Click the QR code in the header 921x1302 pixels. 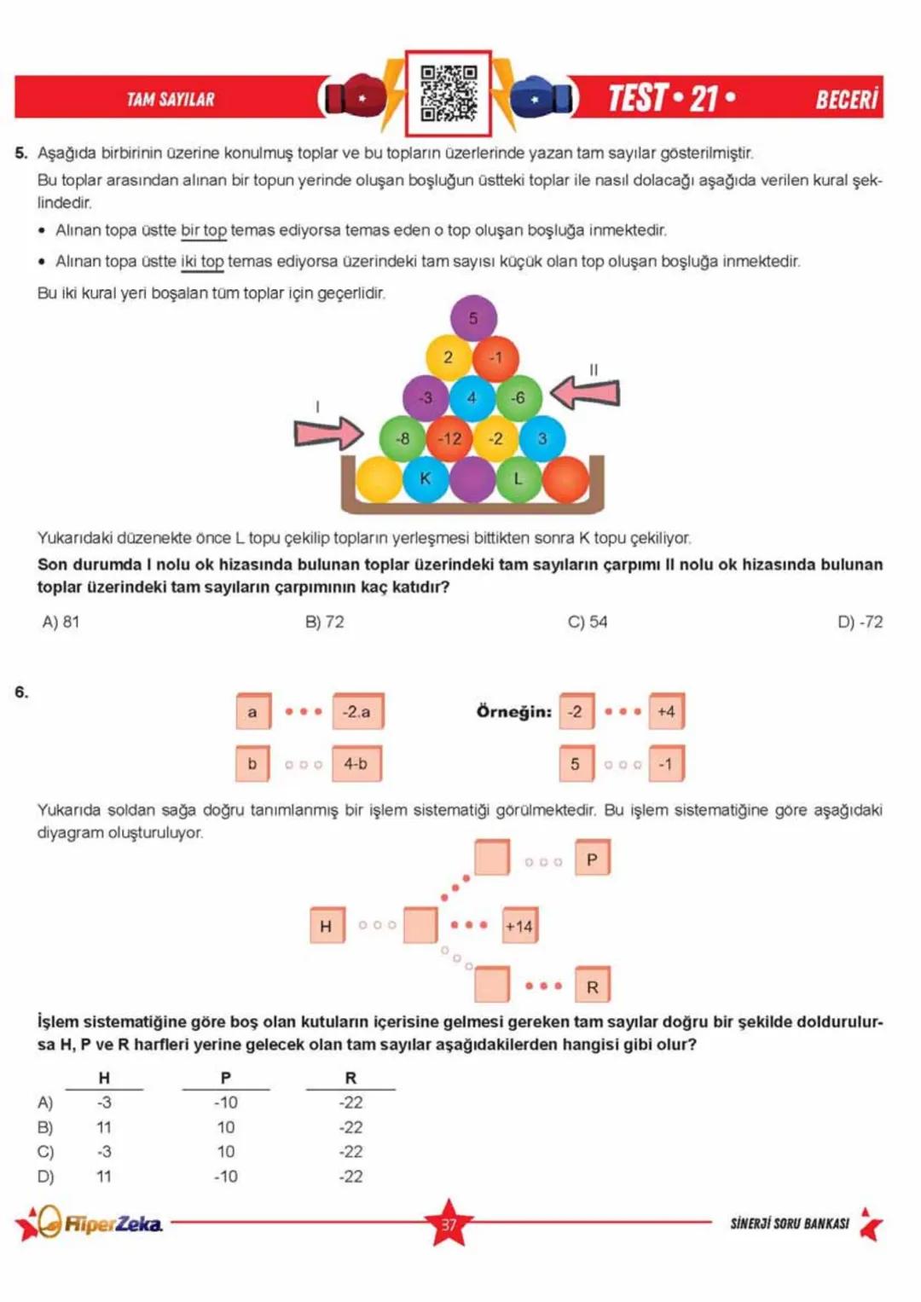click(448, 93)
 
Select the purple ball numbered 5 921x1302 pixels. click(473, 317)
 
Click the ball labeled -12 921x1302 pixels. click(449, 438)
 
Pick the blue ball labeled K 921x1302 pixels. click(425, 478)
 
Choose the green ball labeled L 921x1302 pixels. click(518, 478)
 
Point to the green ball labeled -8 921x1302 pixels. click(403, 438)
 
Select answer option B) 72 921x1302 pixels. click(324, 622)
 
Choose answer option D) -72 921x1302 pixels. click(860, 622)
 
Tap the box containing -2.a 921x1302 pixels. click(357, 711)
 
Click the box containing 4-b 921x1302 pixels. click(356, 763)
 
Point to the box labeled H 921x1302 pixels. click(327, 925)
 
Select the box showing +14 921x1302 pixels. click(519, 925)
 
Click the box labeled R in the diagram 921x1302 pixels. click(592, 986)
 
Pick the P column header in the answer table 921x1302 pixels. click(225, 1078)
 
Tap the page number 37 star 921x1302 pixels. click(449, 1224)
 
